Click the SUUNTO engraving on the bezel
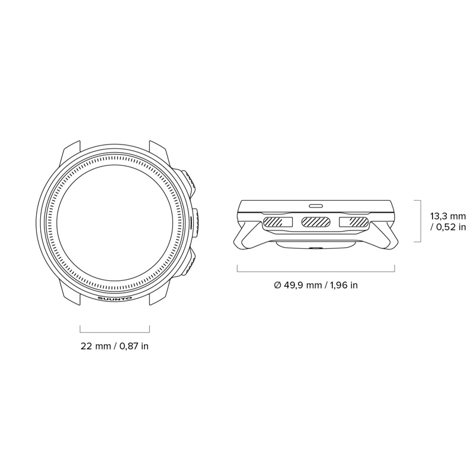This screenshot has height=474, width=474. [x=114, y=299]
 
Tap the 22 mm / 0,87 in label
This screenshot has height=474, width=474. [x=114, y=346]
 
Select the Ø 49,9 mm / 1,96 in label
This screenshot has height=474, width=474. [x=316, y=285]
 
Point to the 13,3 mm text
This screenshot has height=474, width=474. [x=448, y=216]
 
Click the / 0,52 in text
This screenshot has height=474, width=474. [x=448, y=227]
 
